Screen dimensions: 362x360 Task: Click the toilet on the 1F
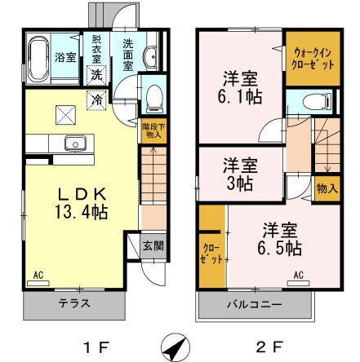(152, 99)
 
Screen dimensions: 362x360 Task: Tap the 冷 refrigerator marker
(97, 99)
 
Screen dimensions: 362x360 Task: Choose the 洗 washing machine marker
(96, 73)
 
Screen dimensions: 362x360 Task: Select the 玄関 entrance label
(152, 245)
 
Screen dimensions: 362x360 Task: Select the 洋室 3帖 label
(239, 174)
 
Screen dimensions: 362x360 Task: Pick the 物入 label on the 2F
(326, 188)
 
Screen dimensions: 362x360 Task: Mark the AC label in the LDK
(38, 276)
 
